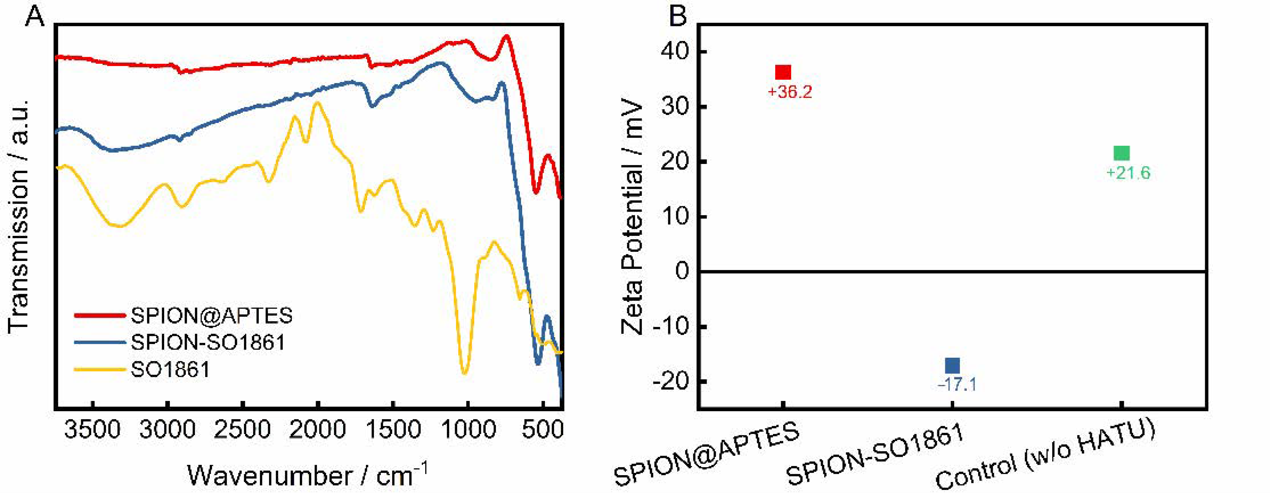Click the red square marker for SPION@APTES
tap(783, 72)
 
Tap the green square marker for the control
tap(1122, 153)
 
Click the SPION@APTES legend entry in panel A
tap(211, 315)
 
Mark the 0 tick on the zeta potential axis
tap(683, 271)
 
